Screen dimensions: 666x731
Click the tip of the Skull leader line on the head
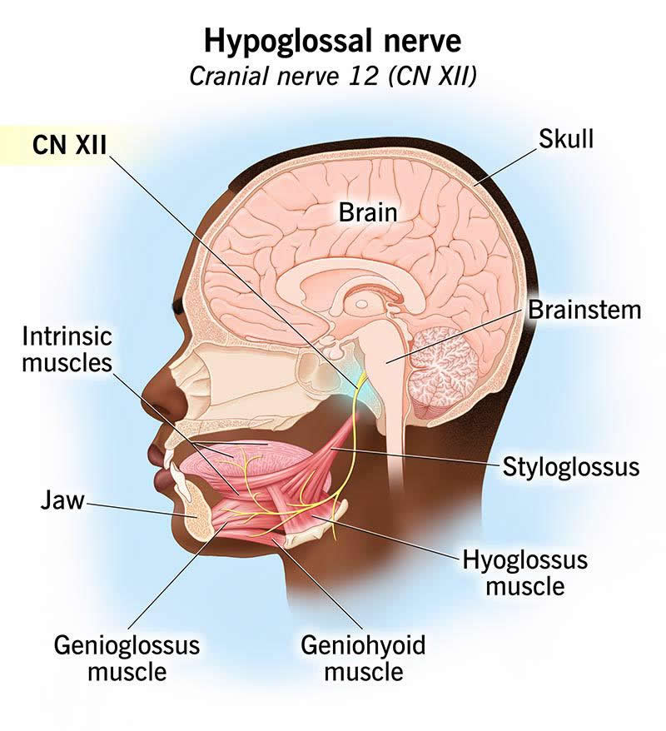coord(475,185)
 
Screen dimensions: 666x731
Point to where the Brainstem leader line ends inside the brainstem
coord(386,362)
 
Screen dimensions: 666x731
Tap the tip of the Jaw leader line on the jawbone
coord(195,516)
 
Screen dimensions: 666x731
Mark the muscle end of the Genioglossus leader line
coord(229,523)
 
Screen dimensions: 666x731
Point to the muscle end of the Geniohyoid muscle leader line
coord(273,540)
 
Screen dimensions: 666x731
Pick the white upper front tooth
coord(168,455)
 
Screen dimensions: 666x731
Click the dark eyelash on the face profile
coord(178,306)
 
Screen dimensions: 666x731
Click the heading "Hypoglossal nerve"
coord(332,41)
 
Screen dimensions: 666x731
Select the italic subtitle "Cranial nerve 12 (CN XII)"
coord(333,76)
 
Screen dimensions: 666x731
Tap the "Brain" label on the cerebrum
coord(368,212)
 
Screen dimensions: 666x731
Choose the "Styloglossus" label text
coord(571,467)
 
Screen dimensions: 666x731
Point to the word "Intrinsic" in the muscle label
coord(67,336)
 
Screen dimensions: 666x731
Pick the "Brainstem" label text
coord(584,310)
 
